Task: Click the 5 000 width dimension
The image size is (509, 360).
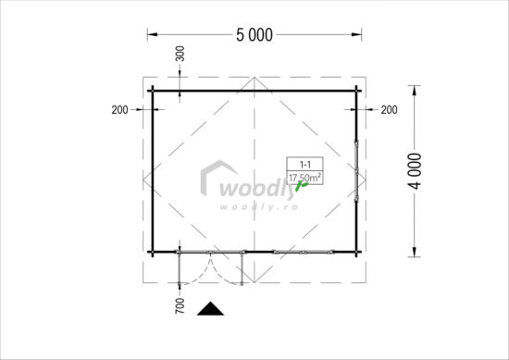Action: click(x=254, y=36)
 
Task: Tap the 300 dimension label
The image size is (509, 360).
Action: click(x=180, y=54)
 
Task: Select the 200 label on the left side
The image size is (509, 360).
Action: click(x=118, y=110)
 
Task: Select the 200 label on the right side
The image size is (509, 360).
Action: click(x=389, y=110)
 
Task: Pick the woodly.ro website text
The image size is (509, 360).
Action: click(x=255, y=205)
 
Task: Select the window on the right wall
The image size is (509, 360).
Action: click(x=355, y=170)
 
